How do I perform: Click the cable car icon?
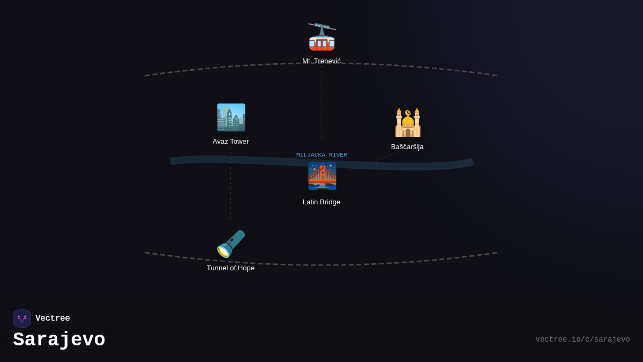coord(322,37)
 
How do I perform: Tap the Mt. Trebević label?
coord(322,61)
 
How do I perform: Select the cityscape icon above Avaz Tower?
coord(231,117)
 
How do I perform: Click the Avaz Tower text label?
coord(231,142)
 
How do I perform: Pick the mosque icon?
coord(408,123)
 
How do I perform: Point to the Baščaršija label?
coord(407,147)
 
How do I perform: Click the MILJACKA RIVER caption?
coord(322,155)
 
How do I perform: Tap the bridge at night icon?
coord(322,176)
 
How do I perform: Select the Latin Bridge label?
coord(322,202)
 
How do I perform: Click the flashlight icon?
coord(231,244)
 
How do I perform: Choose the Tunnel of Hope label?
coord(231,268)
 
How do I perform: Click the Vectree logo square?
coord(22,319)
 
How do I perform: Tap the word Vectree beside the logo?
coord(53,319)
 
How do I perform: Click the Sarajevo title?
coord(59,340)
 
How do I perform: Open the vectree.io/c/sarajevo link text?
coord(582,339)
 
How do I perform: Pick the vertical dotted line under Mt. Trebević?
coord(322,102)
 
